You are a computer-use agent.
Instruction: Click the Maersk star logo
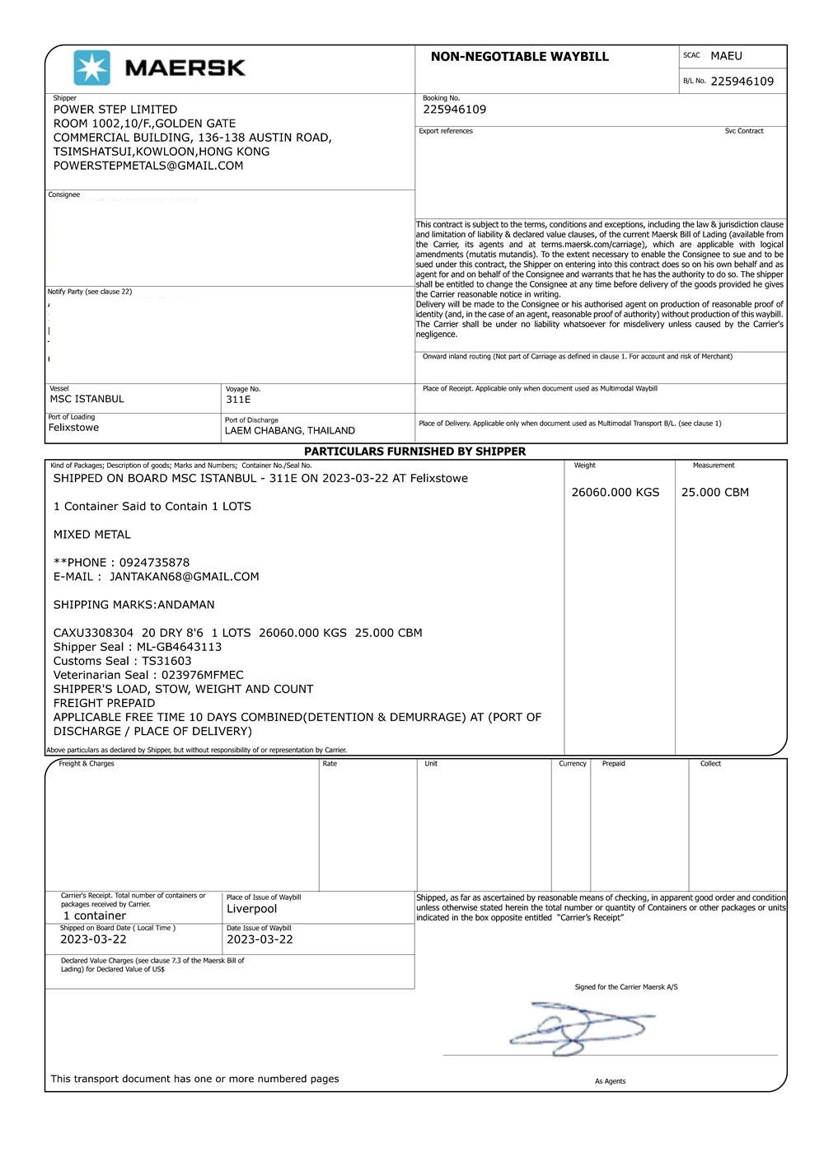point(91,68)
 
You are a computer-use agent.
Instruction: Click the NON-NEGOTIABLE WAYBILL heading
point(519,57)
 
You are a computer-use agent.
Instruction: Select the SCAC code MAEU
point(726,56)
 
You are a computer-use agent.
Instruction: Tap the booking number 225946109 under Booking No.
point(454,110)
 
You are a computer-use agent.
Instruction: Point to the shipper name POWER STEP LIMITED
point(115,110)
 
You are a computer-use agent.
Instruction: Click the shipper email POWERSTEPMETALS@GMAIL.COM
point(148,166)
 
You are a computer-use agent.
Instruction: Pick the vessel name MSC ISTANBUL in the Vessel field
point(87,399)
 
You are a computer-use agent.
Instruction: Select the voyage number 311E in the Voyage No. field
point(238,400)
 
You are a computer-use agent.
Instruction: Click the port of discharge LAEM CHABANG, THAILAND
point(289,431)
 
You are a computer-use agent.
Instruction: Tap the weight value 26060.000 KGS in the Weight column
point(615,493)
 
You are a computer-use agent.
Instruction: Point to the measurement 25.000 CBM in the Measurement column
point(714,493)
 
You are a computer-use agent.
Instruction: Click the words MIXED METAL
point(92,535)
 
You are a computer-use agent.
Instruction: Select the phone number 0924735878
point(154,563)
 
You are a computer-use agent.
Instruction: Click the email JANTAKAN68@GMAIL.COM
point(184,577)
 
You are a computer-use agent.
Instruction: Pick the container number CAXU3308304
point(93,633)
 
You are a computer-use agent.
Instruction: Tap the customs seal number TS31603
point(166,661)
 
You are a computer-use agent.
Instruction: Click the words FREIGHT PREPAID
point(104,703)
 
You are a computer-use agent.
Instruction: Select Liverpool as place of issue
point(251,909)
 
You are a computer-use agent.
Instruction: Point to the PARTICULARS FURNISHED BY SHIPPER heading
point(414,452)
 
